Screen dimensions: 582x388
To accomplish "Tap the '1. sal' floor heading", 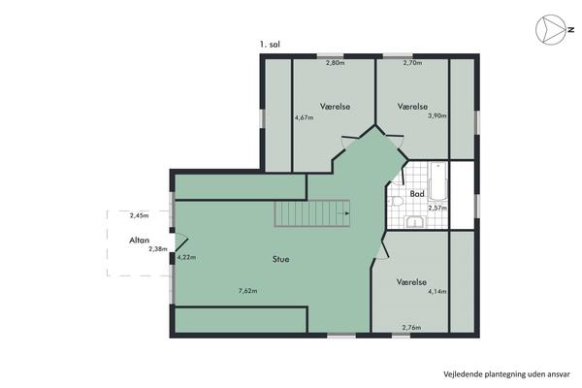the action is point(270,45).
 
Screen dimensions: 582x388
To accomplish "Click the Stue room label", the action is point(280,259).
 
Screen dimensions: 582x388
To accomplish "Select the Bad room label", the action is point(417,194).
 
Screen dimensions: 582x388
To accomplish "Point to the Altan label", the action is point(139,241).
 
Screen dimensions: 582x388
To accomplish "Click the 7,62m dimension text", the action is point(248,291).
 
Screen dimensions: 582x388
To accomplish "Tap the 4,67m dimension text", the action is point(304,117).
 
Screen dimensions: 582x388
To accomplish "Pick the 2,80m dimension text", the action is point(336,63).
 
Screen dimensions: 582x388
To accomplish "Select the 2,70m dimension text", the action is point(413,63).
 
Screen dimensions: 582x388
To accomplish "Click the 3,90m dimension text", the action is point(437,115).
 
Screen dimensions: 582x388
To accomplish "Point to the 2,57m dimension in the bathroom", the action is point(437,208).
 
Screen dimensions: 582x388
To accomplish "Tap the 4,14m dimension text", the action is point(437,291).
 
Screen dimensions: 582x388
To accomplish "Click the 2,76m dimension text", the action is point(411,328).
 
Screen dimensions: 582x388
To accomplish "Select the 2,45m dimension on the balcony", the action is point(139,215).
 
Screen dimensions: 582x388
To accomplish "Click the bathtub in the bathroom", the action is point(438,181).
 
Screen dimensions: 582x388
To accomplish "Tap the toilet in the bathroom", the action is point(396,201).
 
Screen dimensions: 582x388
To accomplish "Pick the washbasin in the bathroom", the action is point(416,222).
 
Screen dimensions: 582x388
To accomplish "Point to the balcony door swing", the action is point(181,242).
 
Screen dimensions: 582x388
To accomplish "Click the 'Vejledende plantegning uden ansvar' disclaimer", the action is point(506,374).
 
